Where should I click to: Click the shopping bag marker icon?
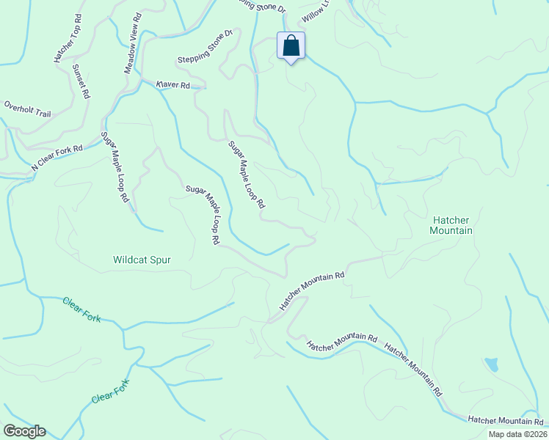point(291,46)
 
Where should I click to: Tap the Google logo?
point(24,431)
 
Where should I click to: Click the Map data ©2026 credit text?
point(517,434)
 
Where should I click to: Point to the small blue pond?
point(491,364)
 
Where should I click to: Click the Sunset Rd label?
point(81,81)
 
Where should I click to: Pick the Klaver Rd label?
point(173,85)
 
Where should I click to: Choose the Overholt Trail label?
point(27,109)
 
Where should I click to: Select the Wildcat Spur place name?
point(142,259)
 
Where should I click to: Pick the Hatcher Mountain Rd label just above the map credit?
point(505,420)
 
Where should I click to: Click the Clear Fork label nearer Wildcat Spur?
point(81,309)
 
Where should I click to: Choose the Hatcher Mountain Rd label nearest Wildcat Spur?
point(311,290)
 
